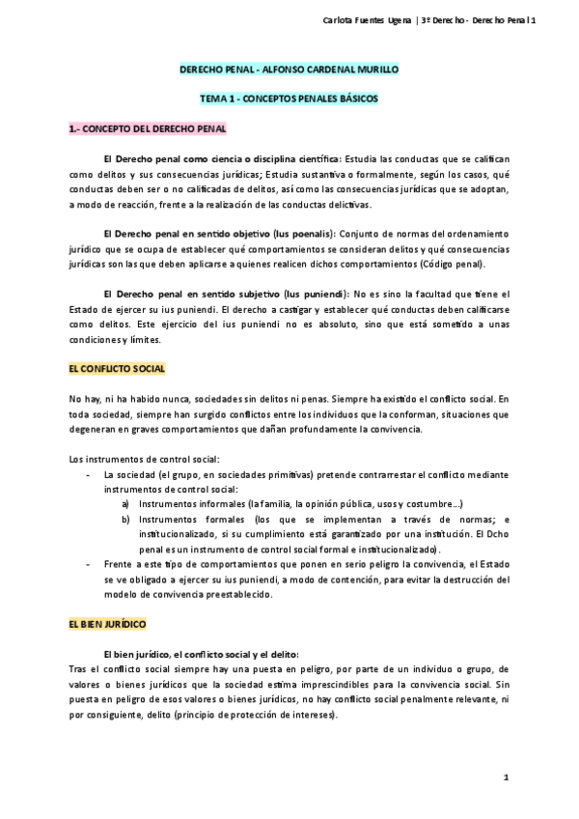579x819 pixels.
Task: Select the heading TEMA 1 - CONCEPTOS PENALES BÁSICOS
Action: pyautogui.click(x=289, y=99)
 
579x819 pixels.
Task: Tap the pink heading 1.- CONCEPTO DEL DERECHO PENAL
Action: pyautogui.click(x=147, y=127)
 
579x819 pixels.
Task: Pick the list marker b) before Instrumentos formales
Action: pyautogui.click(x=126, y=520)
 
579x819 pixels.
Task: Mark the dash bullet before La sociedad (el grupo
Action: pyautogui.click(x=89, y=476)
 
